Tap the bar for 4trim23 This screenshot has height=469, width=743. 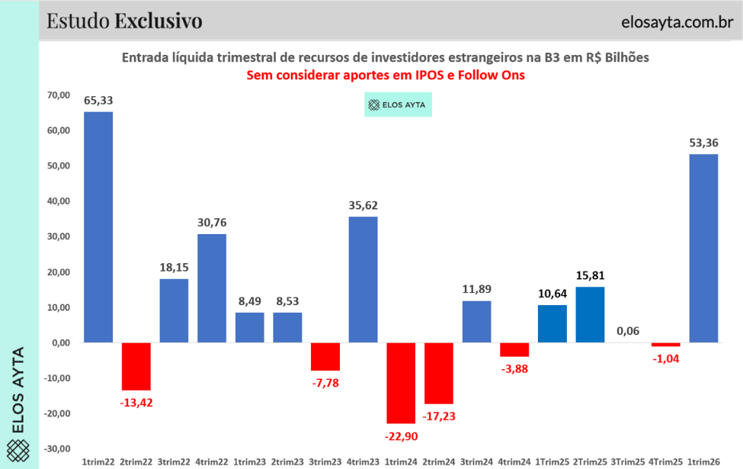(x=363, y=280)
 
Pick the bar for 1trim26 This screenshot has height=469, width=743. (x=704, y=249)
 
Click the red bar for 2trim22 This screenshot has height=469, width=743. (x=136, y=367)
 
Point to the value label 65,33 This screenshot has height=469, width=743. (x=98, y=101)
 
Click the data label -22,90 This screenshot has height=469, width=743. (x=401, y=435)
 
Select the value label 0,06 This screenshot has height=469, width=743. (x=629, y=331)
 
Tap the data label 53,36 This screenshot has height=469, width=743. (x=704, y=143)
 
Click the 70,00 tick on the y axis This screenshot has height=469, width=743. (x=58, y=95)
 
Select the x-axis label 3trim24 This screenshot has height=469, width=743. (x=476, y=461)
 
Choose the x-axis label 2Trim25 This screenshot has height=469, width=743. (x=591, y=461)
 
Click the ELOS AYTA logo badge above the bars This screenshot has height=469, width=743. (x=398, y=104)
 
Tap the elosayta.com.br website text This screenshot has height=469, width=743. (x=673, y=21)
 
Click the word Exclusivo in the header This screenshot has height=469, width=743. (x=159, y=21)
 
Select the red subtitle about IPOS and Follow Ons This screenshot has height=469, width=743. (x=385, y=75)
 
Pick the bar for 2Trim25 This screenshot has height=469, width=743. (x=591, y=315)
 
